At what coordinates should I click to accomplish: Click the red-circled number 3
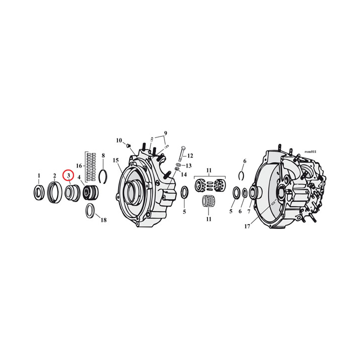tap(68, 175)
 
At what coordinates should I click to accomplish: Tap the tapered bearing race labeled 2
tap(54, 192)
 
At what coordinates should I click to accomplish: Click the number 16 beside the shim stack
tap(79, 165)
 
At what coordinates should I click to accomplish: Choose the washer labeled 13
tap(178, 164)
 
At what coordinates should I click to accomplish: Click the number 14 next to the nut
tap(183, 174)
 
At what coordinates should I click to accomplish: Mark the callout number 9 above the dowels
tap(165, 133)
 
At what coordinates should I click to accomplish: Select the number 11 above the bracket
tap(209, 170)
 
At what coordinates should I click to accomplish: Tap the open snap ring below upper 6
tap(241, 175)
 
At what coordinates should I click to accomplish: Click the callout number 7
tap(248, 211)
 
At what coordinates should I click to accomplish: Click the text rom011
tap(310, 151)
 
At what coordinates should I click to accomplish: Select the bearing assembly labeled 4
tap(90, 192)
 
